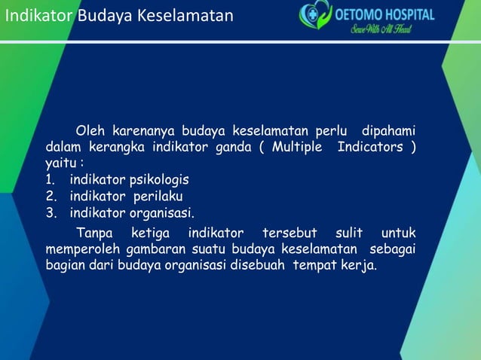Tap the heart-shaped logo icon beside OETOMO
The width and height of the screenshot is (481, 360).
click(x=315, y=16)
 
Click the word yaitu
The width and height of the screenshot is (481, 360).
click(x=60, y=163)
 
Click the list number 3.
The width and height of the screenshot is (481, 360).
click(x=50, y=212)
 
